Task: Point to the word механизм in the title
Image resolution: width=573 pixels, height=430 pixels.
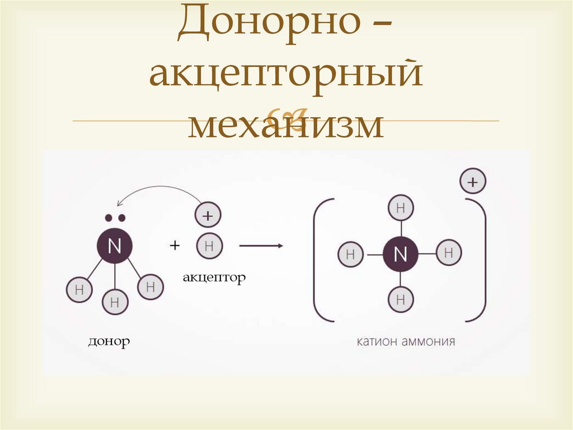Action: (285, 124)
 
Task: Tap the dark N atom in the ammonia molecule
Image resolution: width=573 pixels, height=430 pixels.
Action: (114, 246)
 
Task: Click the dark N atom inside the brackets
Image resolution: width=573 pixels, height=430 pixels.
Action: (400, 254)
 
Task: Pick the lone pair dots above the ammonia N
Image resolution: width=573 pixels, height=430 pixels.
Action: (115, 218)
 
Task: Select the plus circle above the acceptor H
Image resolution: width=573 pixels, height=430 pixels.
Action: (209, 215)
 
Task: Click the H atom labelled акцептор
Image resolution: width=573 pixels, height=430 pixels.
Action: (209, 246)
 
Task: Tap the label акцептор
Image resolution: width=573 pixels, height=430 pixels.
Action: (214, 278)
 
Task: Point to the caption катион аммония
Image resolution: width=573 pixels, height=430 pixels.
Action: (406, 341)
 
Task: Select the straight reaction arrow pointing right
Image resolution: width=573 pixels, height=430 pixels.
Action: (260, 246)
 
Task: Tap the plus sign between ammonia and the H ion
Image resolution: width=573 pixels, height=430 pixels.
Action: (175, 246)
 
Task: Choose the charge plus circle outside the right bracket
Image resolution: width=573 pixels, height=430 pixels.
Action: (473, 182)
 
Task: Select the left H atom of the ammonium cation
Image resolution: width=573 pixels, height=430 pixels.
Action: (351, 255)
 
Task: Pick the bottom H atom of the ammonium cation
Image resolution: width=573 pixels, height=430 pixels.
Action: (400, 299)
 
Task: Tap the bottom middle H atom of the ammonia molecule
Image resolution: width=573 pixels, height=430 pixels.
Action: (115, 303)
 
